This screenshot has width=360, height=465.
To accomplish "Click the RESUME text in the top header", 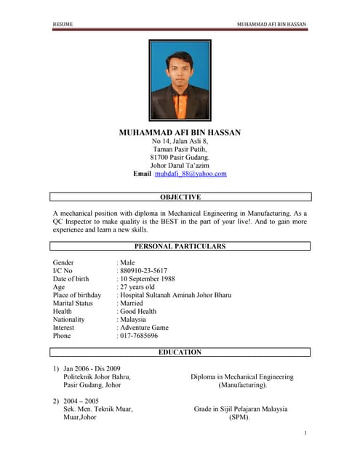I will click(x=63, y=25).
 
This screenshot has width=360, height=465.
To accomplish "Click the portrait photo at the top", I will click(x=180, y=79).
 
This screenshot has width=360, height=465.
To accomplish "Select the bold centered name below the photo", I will click(x=180, y=133).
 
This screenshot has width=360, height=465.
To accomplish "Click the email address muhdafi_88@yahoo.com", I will click(x=191, y=174).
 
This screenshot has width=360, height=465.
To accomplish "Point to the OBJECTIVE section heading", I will click(x=180, y=197).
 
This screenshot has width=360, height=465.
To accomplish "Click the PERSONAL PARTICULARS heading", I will click(x=180, y=246).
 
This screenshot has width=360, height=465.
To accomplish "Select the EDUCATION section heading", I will click(x=180, y=352).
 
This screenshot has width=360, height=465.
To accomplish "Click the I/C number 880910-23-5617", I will click(x=138, y=270).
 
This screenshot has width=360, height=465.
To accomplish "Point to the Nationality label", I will click(x=69, y=320).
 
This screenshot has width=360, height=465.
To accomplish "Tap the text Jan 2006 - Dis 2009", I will click(x=92, y=369).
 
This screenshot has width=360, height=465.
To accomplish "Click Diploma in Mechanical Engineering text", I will click(x=242, y=377).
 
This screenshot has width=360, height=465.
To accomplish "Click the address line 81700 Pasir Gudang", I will click(x=180, y=157).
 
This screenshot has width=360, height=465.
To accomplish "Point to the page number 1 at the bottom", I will click(x=305, y=434).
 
